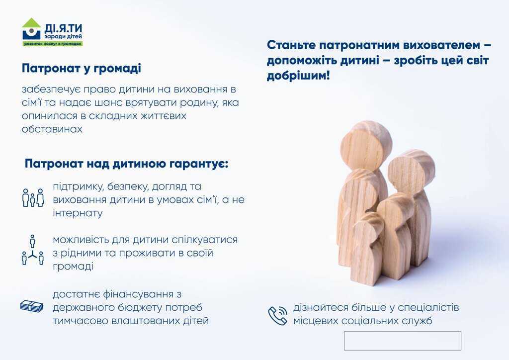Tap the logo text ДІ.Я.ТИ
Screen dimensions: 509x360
point(63,28)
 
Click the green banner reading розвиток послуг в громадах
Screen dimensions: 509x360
point(53,43)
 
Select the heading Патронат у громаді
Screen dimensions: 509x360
point(82,69)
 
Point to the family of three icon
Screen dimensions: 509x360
point(33,197)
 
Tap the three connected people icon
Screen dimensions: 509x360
point(32,250)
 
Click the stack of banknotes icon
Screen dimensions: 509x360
point(32,306)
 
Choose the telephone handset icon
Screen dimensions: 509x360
point(277,315)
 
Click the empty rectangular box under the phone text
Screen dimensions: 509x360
point(403,341)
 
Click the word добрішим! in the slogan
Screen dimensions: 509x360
point(298,76)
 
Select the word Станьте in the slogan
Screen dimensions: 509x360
point(291,45)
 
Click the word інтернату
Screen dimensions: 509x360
point(78,213)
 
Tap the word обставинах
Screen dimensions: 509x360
point(52,129)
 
